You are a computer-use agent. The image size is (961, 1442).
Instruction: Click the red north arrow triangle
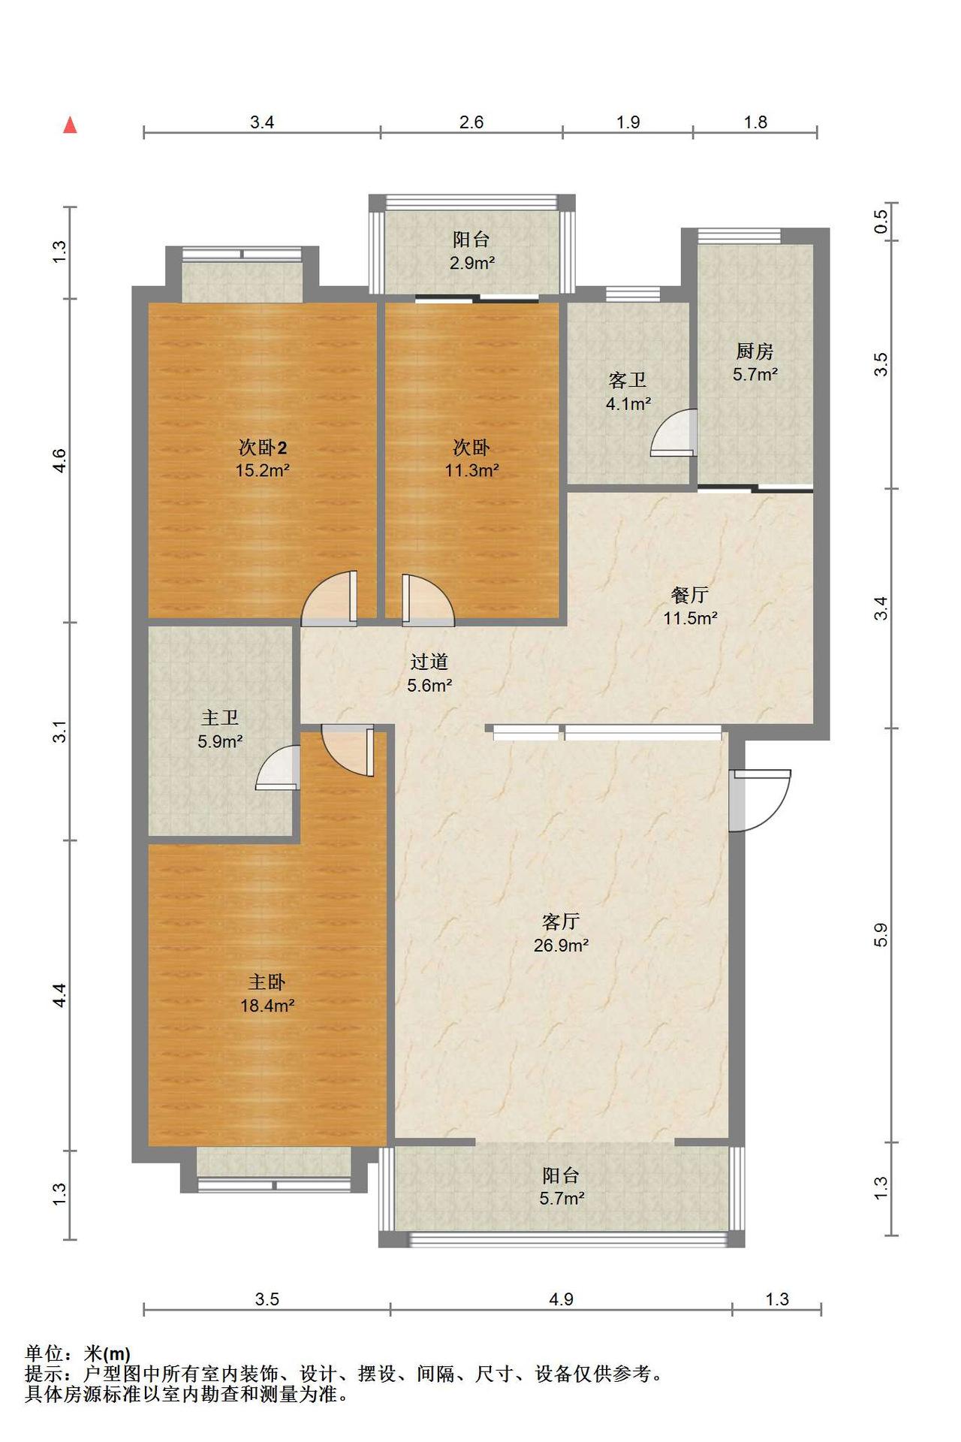click(x=70, y=125)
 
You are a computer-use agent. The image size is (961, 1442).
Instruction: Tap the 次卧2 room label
click(x=263, y=448)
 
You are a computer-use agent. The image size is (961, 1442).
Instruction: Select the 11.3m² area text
click(x=472, y=471)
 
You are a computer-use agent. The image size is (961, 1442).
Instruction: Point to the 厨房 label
click(x=755, y=351)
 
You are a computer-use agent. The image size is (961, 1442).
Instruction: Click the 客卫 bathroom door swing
click(x=674, y=433)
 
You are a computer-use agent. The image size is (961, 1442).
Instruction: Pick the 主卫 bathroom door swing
click(x=279, y=768)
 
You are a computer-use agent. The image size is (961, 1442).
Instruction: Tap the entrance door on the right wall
click(x=759, y=801)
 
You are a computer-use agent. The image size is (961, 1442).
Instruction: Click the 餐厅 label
click(x=690, y=595)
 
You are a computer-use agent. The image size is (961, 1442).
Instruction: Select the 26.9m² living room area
click(x=561, y=945)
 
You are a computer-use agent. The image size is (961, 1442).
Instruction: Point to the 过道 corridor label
click(x=429, y=661)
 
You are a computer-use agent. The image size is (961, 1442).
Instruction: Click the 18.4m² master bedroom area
click(x=267, y=1005)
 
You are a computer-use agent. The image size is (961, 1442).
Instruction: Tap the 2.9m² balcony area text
click(x=472, y=263)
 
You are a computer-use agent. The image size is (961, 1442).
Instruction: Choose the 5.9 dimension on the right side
click(x=881, y=934)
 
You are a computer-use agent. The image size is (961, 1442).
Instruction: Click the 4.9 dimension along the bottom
click(x=561, y=1299)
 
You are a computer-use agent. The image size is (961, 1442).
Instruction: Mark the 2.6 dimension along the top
click(x=471, y=122)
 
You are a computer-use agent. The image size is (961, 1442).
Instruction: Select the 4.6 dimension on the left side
click(x=59, y=460)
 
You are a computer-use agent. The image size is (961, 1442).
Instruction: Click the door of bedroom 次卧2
click(x=329, y=599)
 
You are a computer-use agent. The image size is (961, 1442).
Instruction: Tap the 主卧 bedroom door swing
click(x=348, y=750)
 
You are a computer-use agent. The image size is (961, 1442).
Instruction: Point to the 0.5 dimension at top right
click(x=881, y=221)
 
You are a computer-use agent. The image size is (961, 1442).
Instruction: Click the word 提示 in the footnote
click(x=44, y=1374)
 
